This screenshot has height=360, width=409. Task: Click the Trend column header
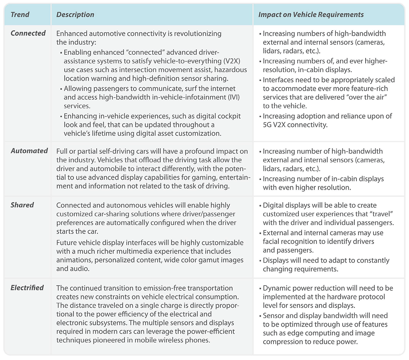(x=20, y=15)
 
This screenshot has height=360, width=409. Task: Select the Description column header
(x=75, y=15)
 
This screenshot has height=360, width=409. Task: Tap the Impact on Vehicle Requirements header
(x=311, y=15)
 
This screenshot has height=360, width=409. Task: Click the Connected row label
(x=28, y=33)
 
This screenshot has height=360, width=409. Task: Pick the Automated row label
(x=29, y=151)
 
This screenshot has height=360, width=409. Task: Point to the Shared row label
(x=23, y=205)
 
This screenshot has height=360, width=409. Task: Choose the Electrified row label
(x=27, y=288)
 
